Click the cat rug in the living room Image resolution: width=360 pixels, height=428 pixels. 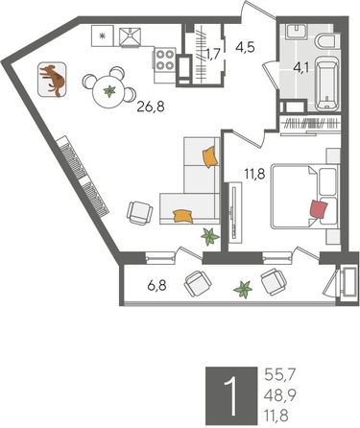coord(54,81)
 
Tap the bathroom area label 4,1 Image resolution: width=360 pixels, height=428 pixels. coord(300,67)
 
